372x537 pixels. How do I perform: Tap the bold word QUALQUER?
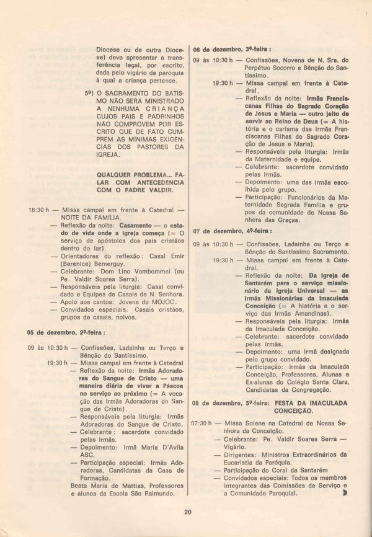[x=116, y=175]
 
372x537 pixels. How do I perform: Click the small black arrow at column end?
[x=345, y=494]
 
